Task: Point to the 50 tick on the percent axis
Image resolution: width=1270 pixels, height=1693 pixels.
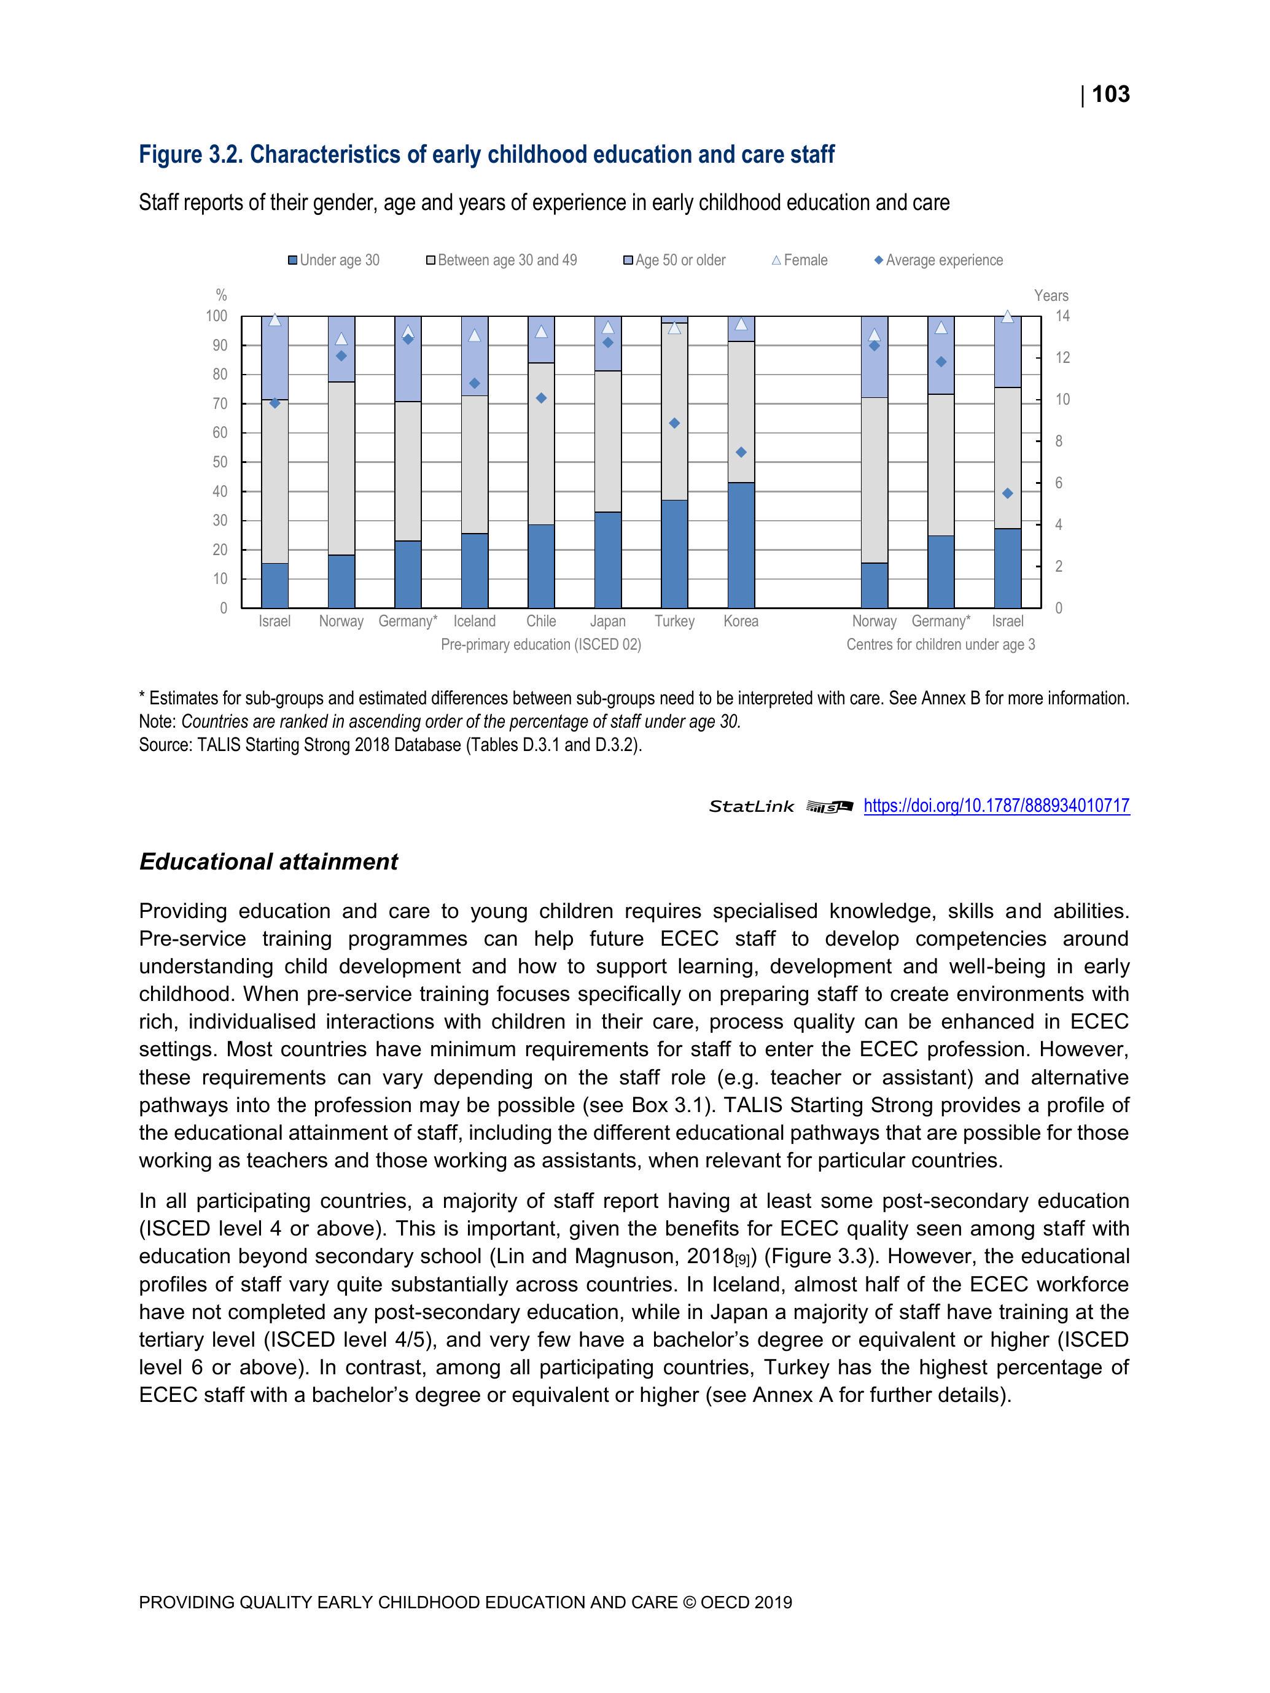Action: pyautogui.click(x=220, y=462)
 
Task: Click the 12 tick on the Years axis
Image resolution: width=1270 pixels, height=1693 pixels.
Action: pyautogui.click(x=1062, y=358)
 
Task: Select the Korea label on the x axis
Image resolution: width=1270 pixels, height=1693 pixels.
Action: pyautogui.click(x=740, y=621)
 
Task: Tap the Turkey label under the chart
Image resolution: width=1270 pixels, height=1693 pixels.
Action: pyautogui.click(x=674, y=621)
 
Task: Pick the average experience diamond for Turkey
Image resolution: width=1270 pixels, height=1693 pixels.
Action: pyautogui.click(x=674, y=423)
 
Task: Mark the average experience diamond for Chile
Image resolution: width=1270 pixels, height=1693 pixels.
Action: pyautogui.click(x=541, y=398)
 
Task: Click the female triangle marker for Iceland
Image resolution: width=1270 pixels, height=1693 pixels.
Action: pyautogui.click(x=475, y=335)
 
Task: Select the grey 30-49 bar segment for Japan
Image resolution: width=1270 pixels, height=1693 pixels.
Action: pyautogui.click(x=608, y=441)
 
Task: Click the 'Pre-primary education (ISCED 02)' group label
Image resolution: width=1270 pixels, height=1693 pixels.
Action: pyautogui.click(x=540, y=644)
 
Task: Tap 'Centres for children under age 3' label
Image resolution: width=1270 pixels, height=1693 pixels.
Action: pyautogui.click(x=940, y=644)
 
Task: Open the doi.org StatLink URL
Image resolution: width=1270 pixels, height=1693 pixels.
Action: pyautogui.click(x=996, y=806)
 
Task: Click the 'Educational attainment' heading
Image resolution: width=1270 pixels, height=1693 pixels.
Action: pyautogui.click(x=268, y=862)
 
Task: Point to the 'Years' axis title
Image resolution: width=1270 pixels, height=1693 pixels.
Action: pyautogui.click(x=1050, y=295)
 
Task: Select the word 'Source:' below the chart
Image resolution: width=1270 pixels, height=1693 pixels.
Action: pyautogui.click(x=165, y=745)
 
